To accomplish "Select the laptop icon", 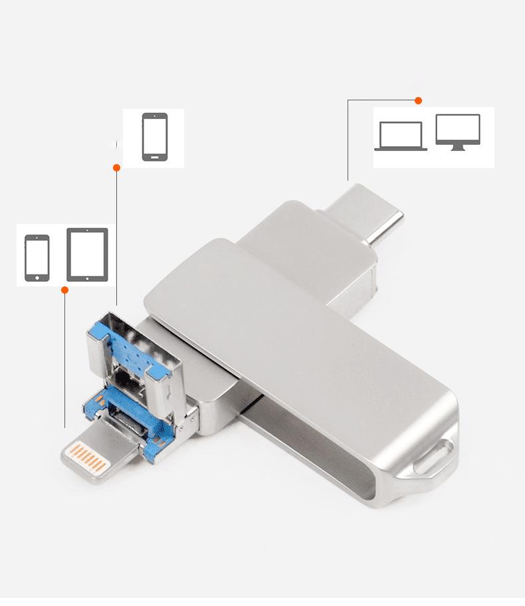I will tap(400, 136).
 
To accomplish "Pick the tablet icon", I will tap(87, 254).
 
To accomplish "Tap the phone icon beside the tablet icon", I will tap(37, 258).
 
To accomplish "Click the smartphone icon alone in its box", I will tap(154, 137).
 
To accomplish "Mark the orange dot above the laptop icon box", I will tap(418, 100).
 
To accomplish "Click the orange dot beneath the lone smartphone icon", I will tap(116, 168).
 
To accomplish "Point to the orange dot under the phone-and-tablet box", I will tap(64, 290).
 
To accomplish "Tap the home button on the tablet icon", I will tap(87, 276).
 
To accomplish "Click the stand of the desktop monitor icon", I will tap(458, 148).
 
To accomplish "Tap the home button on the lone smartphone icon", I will tap(154, 157).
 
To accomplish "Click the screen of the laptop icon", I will tap(400, 134).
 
